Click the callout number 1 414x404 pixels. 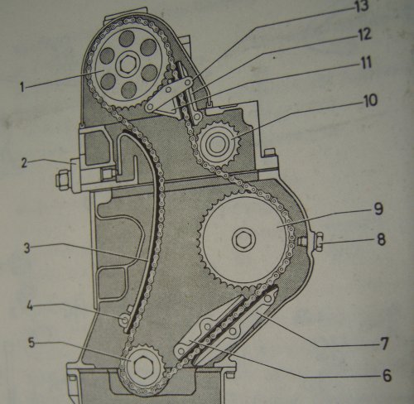pyautogui.click(x=22, y=87)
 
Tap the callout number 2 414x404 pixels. pyautogui.click(x=24, y=163)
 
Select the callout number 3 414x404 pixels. pyautogui.click(x=26, y=248)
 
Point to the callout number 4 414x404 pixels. pyautogui.click(x=30, y=306)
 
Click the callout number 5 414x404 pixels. pyautogui.click(x=31, y=343)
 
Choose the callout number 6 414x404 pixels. pyautogui.click(x=387, y=375)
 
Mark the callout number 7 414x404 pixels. pyautogui.click(x=384, y=344)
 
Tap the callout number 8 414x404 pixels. pyautogui.click(x=381, y=239)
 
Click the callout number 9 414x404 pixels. pyautogui.click(x=378, y=209)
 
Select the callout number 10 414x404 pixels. pyautogui.click(x=369, y=100)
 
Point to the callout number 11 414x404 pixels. pyautogui.click(x=366, y=63)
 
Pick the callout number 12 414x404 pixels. pyautogui.click(x=364, y=35)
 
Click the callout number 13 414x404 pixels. pyautogui.click(x=362, y=6)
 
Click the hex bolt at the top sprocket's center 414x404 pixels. pyautogui.click(x=126, y=65)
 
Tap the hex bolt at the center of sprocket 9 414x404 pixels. pyautogui.click(x=243, y=239)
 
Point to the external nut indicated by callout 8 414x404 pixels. pyautogui.click(x=319, y=242)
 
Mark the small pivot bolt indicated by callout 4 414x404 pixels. pyautogui.click(x=123, y=320)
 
